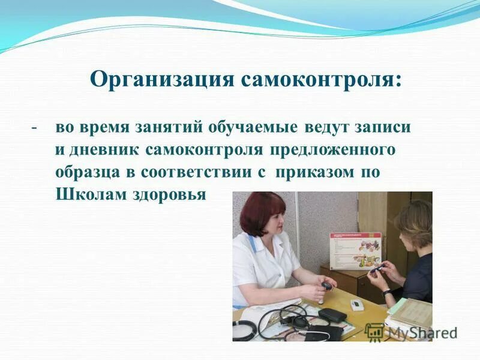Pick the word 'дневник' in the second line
(102, 149)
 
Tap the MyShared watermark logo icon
(374, 331)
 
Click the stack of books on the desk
(411, 312)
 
